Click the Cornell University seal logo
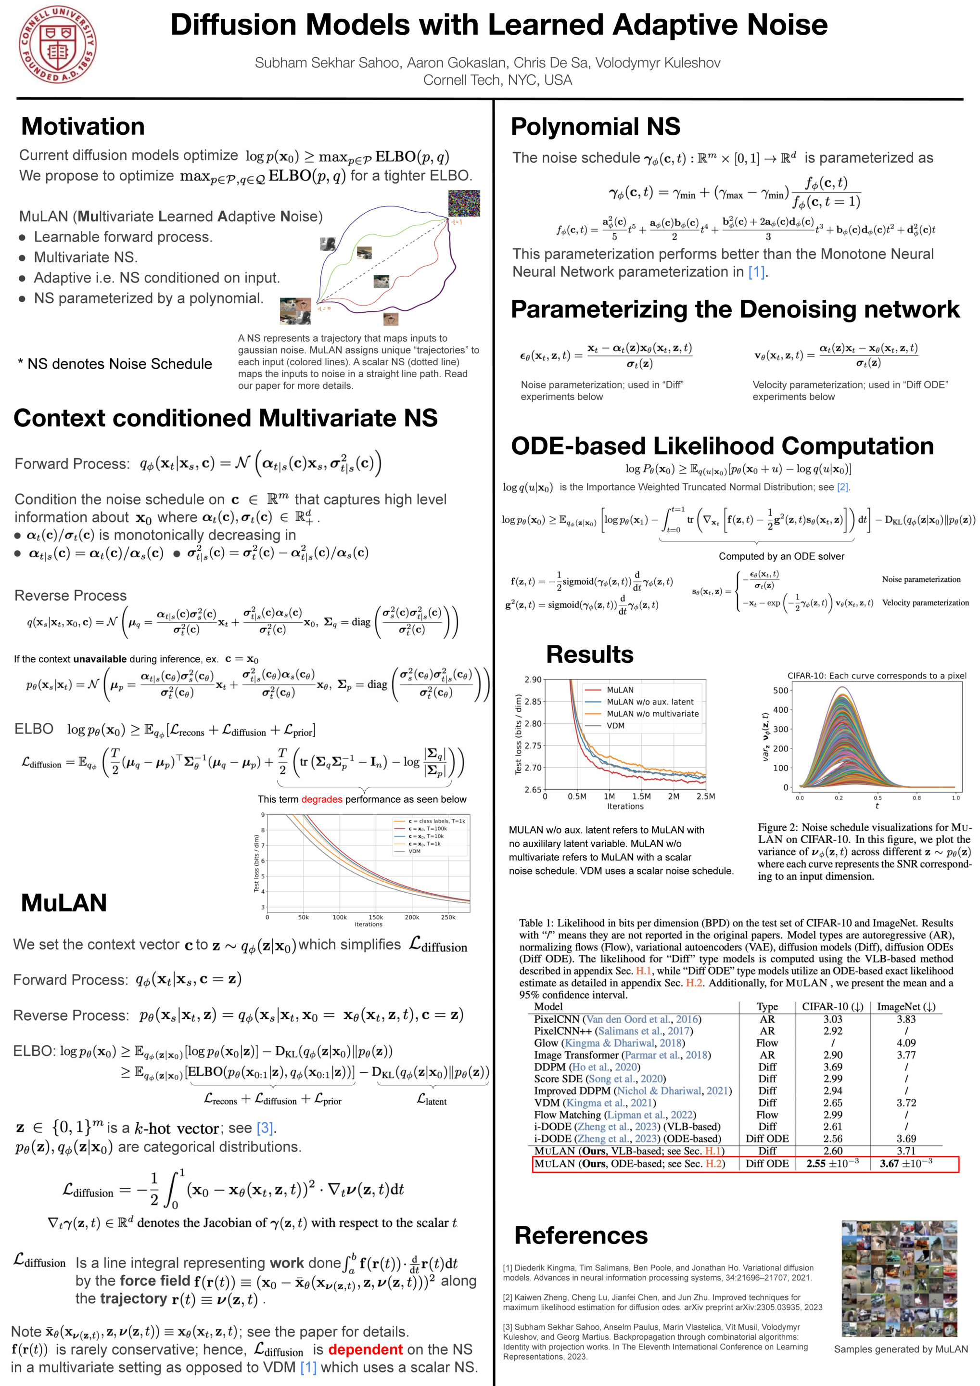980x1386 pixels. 57,44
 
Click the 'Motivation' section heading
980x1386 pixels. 83,126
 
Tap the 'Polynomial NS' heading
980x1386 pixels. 595,126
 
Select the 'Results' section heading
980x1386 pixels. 589,654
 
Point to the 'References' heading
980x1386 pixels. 581,1236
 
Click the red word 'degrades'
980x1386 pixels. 322,799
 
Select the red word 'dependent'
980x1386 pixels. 365,1349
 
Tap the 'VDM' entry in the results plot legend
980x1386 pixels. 615,726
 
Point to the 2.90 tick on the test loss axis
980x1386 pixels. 533,680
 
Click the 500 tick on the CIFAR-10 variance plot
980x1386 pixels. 780,691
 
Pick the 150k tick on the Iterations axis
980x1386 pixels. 375,917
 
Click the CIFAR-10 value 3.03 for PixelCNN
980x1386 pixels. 833,1019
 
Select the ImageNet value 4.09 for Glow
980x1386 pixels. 906,1043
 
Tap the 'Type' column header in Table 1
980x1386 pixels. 767,1007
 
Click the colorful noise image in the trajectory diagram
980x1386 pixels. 464,204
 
